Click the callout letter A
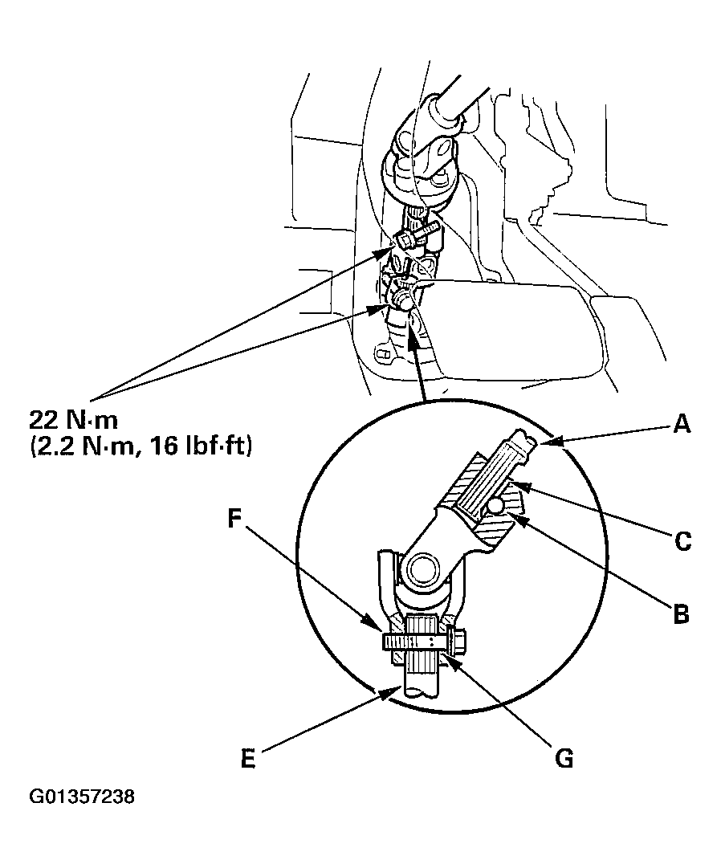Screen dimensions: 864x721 point(681,425)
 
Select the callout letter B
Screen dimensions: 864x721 point(680,616)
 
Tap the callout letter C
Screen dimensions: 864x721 point(682,541)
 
